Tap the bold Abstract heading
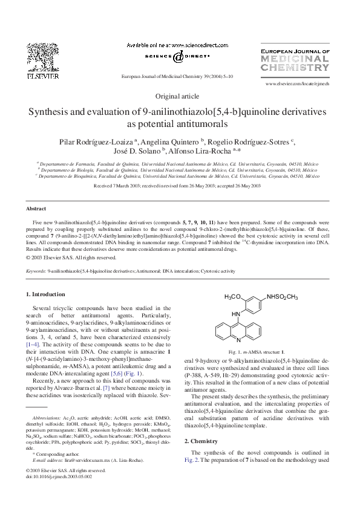(36, 208)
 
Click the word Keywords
(36, 272)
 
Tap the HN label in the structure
(237, 314)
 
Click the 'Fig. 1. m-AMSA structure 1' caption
(257, 351)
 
